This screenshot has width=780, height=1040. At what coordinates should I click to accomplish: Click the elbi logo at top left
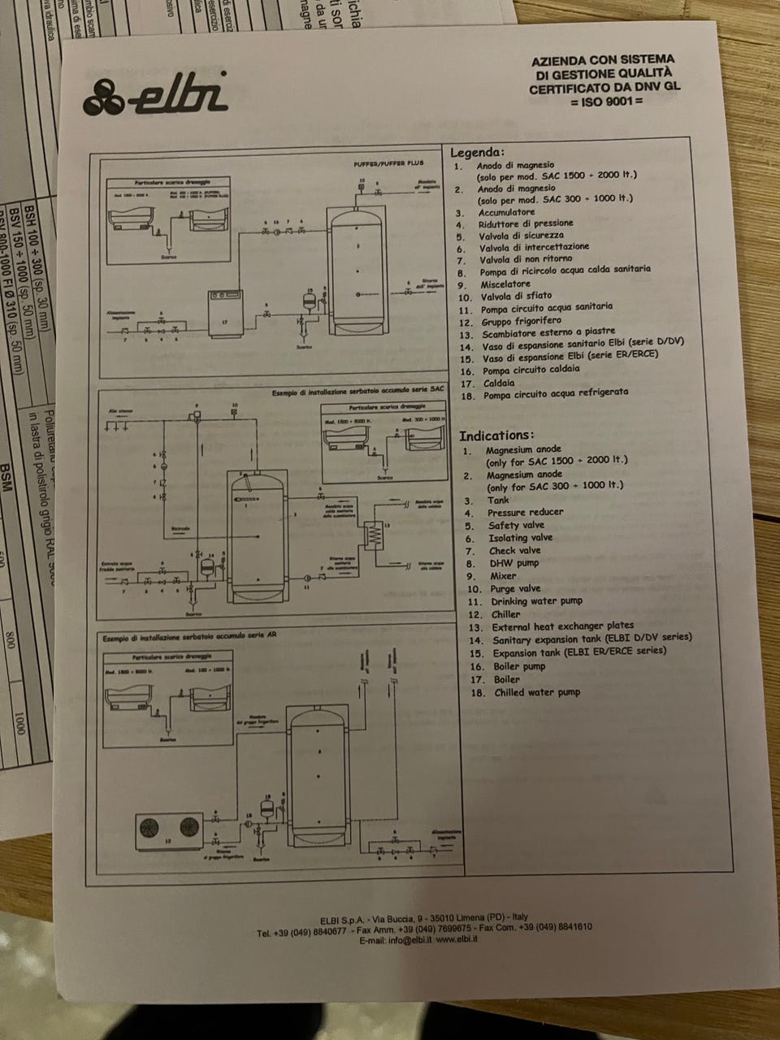point(155,94)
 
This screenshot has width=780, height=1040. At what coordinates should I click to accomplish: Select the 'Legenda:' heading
point(477,152)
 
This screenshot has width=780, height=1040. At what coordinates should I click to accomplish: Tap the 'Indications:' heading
point(496,435)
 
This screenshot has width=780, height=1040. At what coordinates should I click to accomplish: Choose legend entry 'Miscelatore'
point(505,284)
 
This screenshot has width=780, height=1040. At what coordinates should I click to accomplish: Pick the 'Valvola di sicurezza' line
point(521,235)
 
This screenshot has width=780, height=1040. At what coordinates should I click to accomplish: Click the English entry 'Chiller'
point(505,614)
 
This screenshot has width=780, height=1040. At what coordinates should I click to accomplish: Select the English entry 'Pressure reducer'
point(525,512)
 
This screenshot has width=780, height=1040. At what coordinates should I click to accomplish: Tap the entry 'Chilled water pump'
point(536,692)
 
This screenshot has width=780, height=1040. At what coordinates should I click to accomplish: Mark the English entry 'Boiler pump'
point(519,666)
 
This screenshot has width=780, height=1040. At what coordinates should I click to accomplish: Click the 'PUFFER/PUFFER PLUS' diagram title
point(388,163)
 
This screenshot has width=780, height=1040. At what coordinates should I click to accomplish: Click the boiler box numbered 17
point(225,313)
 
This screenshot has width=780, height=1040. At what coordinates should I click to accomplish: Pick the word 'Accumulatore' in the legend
point(506,212)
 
